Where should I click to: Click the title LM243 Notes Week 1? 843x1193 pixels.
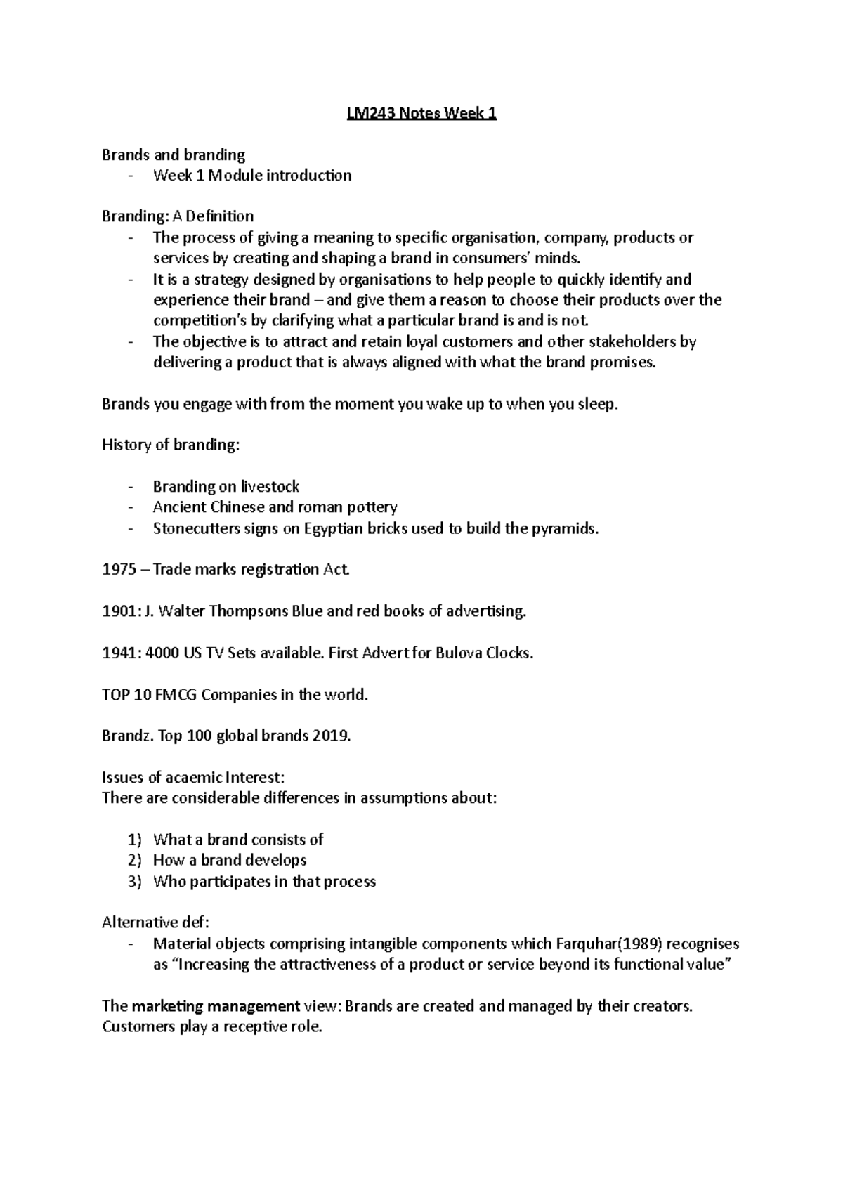421,114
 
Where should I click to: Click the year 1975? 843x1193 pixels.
119,570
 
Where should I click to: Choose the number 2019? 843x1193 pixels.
331,736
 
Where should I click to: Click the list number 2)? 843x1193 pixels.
135,861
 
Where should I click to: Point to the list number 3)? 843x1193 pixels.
135,882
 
